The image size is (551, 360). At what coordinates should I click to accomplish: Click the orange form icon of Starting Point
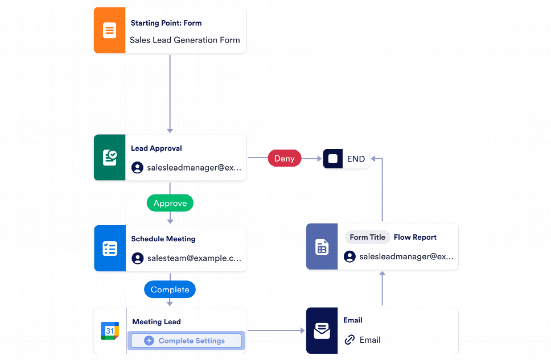(109, 31)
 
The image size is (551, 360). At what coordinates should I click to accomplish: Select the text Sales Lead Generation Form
(184, 40)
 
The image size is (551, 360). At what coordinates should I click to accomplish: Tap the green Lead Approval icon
(109, 158)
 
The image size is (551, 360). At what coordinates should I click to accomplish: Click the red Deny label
(284, 159)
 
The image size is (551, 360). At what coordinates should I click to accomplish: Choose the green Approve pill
(170, 203)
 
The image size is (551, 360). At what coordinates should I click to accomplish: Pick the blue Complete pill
(170, 289)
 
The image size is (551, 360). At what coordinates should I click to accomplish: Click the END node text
(356, 159)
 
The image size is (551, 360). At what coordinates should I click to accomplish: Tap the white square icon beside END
(333, 159)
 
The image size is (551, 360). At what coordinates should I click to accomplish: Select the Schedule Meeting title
(163, 239)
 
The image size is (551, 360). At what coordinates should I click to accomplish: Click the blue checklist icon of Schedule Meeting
(109, 249)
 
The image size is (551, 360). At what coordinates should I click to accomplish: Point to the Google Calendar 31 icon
(109, 330)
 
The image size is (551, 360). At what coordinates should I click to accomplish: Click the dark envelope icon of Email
(322, 330)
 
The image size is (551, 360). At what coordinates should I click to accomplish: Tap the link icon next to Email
(349, 340)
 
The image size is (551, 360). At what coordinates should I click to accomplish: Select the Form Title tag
(367, 237)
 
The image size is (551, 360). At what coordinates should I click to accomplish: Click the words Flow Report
(415, 237)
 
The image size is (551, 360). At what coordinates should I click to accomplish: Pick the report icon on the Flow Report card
(322, 247)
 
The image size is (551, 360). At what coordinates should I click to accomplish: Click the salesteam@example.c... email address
(194, 258)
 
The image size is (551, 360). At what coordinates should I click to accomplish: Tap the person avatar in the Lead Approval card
(137, 168)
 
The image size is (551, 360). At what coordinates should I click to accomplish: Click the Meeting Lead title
(156, 322)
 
